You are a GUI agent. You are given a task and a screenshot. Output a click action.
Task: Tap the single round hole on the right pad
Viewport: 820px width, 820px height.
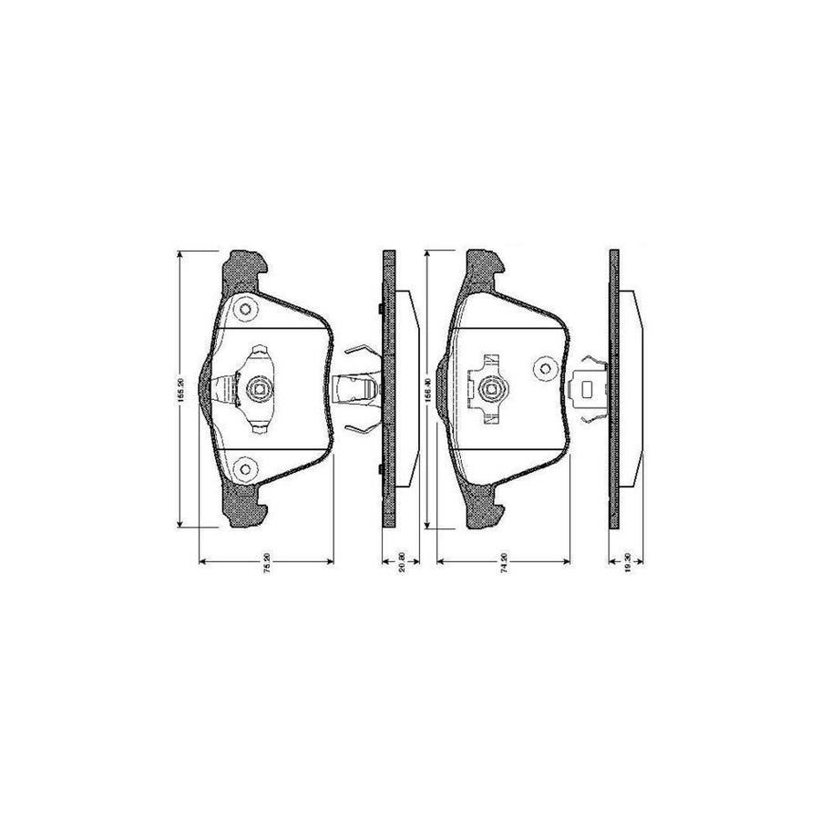(545, 368)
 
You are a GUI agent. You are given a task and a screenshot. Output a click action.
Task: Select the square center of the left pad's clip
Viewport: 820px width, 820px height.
(258, 392)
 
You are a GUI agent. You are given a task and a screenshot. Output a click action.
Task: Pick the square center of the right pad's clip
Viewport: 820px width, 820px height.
(493, 392)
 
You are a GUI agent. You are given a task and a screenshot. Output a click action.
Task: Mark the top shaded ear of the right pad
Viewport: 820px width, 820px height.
(484, 265)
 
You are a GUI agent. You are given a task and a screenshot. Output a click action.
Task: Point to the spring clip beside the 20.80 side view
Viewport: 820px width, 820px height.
(357, 391)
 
